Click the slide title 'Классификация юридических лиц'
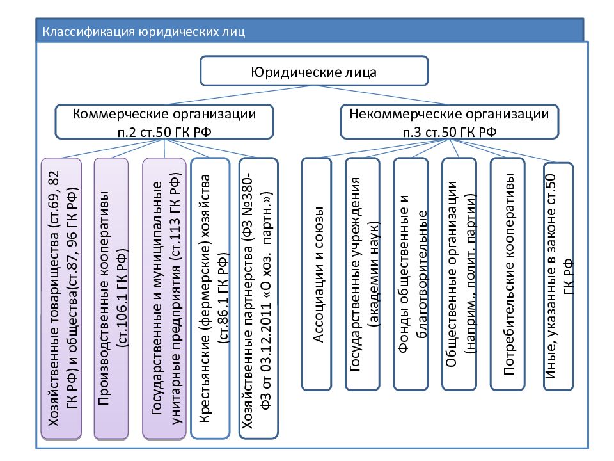point(144,31)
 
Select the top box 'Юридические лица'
point(313,71)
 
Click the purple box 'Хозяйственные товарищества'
point(61,298)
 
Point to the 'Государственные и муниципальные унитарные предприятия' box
point(164,298)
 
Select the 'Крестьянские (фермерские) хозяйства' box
point(210,298)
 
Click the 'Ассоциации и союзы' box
point(317,274)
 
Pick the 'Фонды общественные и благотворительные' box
point(411,274)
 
